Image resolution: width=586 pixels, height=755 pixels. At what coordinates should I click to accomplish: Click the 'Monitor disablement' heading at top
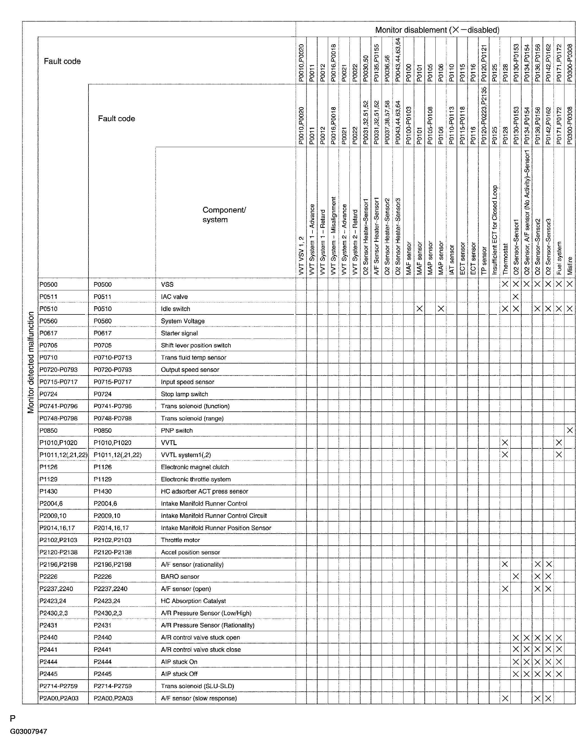click(437, 30)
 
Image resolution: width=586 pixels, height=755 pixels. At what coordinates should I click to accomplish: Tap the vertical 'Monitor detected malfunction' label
click(31, 362)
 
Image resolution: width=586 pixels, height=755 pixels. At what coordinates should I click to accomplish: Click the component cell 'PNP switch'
click(176, 430)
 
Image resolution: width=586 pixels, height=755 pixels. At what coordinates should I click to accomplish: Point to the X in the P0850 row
click(569, 430)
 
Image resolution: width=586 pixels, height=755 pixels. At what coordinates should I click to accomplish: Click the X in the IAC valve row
click(515, 297)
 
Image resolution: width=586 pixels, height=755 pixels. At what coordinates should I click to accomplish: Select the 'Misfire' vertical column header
click(570, 265)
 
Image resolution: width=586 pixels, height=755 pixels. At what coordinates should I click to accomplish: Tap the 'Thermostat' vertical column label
click(505, 259)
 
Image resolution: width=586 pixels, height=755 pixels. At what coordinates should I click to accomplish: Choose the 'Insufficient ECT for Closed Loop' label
click(494, 230)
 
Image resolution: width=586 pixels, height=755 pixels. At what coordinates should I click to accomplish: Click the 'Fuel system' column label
click(559, 258)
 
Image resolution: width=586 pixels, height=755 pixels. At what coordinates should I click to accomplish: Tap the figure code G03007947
click(29, 731)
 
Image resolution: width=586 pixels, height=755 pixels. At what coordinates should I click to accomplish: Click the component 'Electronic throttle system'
click(195, 479)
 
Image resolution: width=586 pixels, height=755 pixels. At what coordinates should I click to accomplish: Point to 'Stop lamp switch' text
click(185, 394)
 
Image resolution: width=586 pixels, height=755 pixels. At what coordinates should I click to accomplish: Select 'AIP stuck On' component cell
click(179, 662)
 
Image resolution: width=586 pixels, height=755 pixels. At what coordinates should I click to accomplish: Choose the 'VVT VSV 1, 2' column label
click(301, 256)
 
